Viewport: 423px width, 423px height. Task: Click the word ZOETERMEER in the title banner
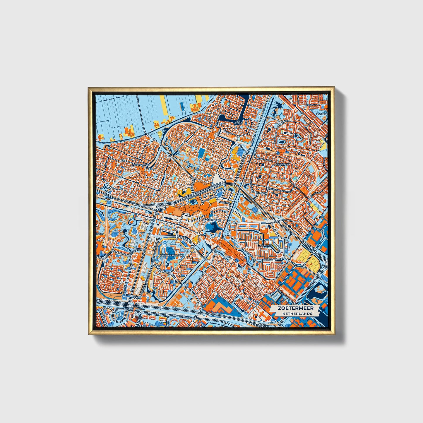coord(296,308)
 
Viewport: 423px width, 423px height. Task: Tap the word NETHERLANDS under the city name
coord(297,314)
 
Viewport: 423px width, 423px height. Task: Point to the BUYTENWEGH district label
coord(141,165)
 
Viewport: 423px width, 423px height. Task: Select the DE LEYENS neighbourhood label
coord(238,121)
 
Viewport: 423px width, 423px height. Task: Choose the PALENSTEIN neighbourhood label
coord(265,245)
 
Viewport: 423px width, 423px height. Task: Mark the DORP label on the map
coord(228,257)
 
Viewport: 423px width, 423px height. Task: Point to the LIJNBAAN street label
coord(313,104)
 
